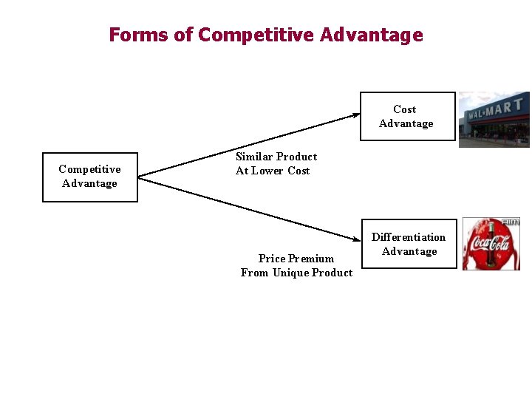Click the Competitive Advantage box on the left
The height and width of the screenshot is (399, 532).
tap(90, 177)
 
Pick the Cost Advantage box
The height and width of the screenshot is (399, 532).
tap(407, 116)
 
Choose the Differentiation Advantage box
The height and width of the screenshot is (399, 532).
tap(409, 244)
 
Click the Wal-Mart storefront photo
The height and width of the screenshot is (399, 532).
tap(494, 119)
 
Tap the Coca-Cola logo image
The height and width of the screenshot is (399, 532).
tap(491, 244)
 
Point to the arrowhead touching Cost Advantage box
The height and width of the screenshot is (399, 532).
tap(355, 115)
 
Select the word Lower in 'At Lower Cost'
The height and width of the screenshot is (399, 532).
tap(269, 171)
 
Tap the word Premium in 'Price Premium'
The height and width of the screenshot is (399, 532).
tap(311, 259)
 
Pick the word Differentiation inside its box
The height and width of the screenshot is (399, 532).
tap(409, 237)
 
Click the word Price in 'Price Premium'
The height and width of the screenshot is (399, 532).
tap(271, 259)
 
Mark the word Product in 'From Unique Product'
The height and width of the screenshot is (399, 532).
tap(332, 273)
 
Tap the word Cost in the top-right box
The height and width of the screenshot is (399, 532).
tap(405, 109)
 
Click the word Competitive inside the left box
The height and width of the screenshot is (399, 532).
tap(89, 169)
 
